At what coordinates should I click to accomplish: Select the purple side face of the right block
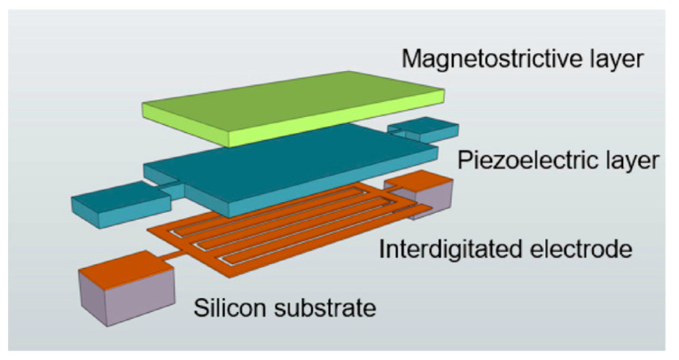(x=438, y=199)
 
